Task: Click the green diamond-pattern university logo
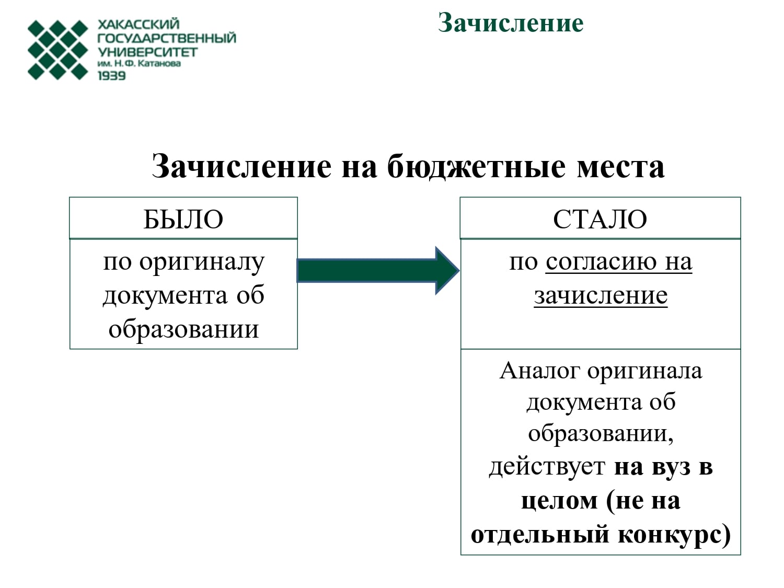pos(58,50)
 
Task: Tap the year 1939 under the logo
pos(112,76)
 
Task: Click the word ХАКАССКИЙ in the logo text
pos(139,24)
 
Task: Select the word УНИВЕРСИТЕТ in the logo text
pos(147,52)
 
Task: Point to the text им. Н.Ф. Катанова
pos(140,64)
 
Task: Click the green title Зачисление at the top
pos(511,23)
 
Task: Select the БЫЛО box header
pos(183,218)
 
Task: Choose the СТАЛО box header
pos(600,218)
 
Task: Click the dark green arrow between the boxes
pos(378,270)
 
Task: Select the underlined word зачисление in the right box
pos(601,296)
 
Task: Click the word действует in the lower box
pos(547,467)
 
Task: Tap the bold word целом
pos(559,501)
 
